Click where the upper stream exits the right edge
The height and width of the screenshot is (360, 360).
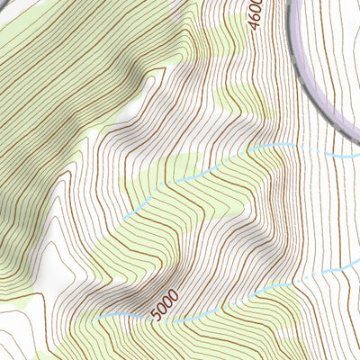(358, 156)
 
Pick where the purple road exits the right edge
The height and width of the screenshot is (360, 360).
(357, 135)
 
